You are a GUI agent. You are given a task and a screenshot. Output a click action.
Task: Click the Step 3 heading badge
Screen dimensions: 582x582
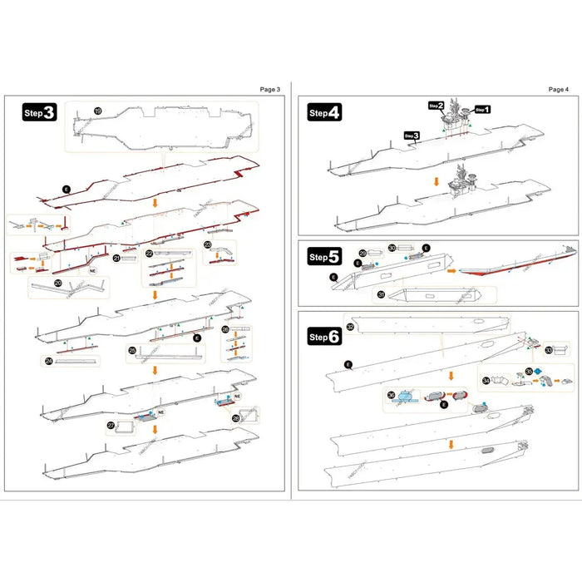pos(40,113)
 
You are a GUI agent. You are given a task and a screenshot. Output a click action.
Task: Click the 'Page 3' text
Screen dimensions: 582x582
pos(271,89)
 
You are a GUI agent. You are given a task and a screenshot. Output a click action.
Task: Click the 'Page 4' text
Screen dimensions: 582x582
pos(559,89)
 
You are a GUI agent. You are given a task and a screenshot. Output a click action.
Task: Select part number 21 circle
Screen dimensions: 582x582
pos(117,259)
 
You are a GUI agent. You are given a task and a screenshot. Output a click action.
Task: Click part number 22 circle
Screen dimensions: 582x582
pos(149,252)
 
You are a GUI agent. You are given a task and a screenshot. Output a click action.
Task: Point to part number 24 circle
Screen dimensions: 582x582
pos(49,361)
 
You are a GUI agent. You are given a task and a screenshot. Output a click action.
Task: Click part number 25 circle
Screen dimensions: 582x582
pos(132,350)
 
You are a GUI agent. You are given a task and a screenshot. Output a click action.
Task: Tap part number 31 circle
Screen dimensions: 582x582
pos(380,293)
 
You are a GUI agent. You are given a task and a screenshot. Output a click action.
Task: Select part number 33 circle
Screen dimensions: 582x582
pos(549,350)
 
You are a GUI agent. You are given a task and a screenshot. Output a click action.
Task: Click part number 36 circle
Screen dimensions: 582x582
pos(391,395)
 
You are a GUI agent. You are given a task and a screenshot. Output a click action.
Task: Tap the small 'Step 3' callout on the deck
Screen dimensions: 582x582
pos(412,135)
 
